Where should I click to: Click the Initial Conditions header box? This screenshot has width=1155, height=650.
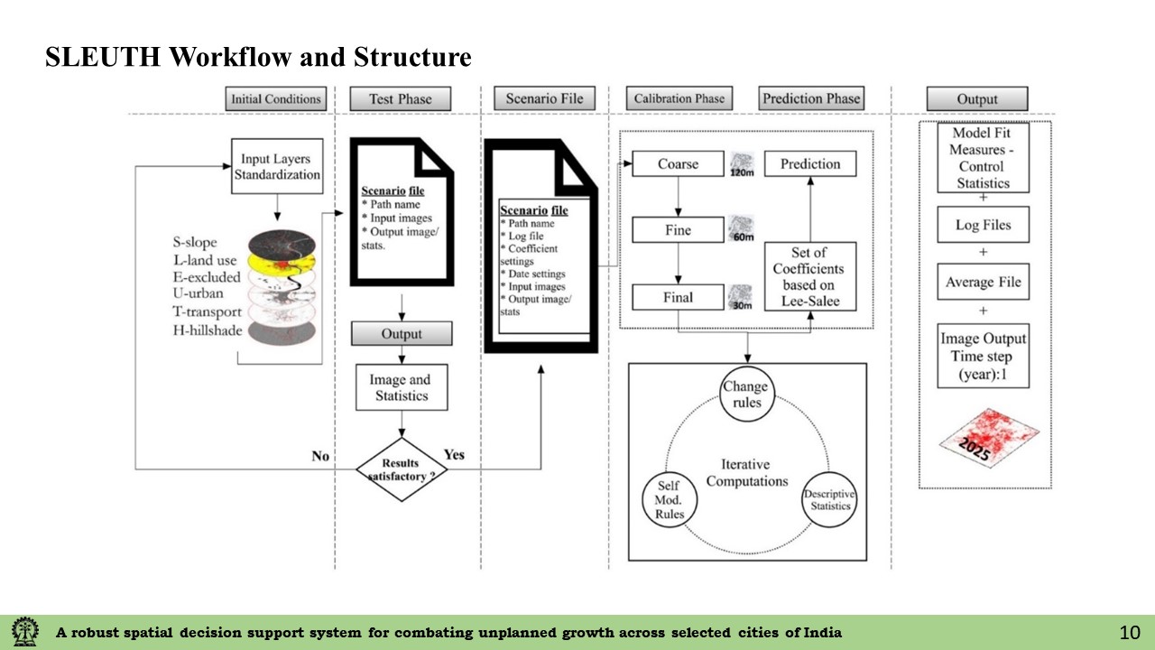275,99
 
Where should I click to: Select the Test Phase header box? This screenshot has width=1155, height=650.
400,99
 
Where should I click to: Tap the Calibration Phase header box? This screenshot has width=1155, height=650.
679,98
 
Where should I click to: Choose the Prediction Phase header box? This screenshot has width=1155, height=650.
811,98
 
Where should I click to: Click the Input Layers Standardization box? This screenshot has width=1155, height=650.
277,167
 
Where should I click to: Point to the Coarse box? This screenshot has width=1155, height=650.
678,164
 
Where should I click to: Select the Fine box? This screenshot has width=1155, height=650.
678,230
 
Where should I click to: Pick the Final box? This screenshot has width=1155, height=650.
678,297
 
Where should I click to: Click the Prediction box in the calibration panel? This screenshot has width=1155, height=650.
809,164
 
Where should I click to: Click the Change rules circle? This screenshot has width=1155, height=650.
747,394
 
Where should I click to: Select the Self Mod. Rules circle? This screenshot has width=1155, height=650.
670,499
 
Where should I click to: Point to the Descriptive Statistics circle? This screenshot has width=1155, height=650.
829,499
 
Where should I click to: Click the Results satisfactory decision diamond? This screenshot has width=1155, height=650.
402,469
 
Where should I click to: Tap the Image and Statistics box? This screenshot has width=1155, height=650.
401,387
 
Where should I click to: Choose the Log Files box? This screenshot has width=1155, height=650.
983,225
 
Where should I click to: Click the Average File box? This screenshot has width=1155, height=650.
983,283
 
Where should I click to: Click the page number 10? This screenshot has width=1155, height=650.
1130,632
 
